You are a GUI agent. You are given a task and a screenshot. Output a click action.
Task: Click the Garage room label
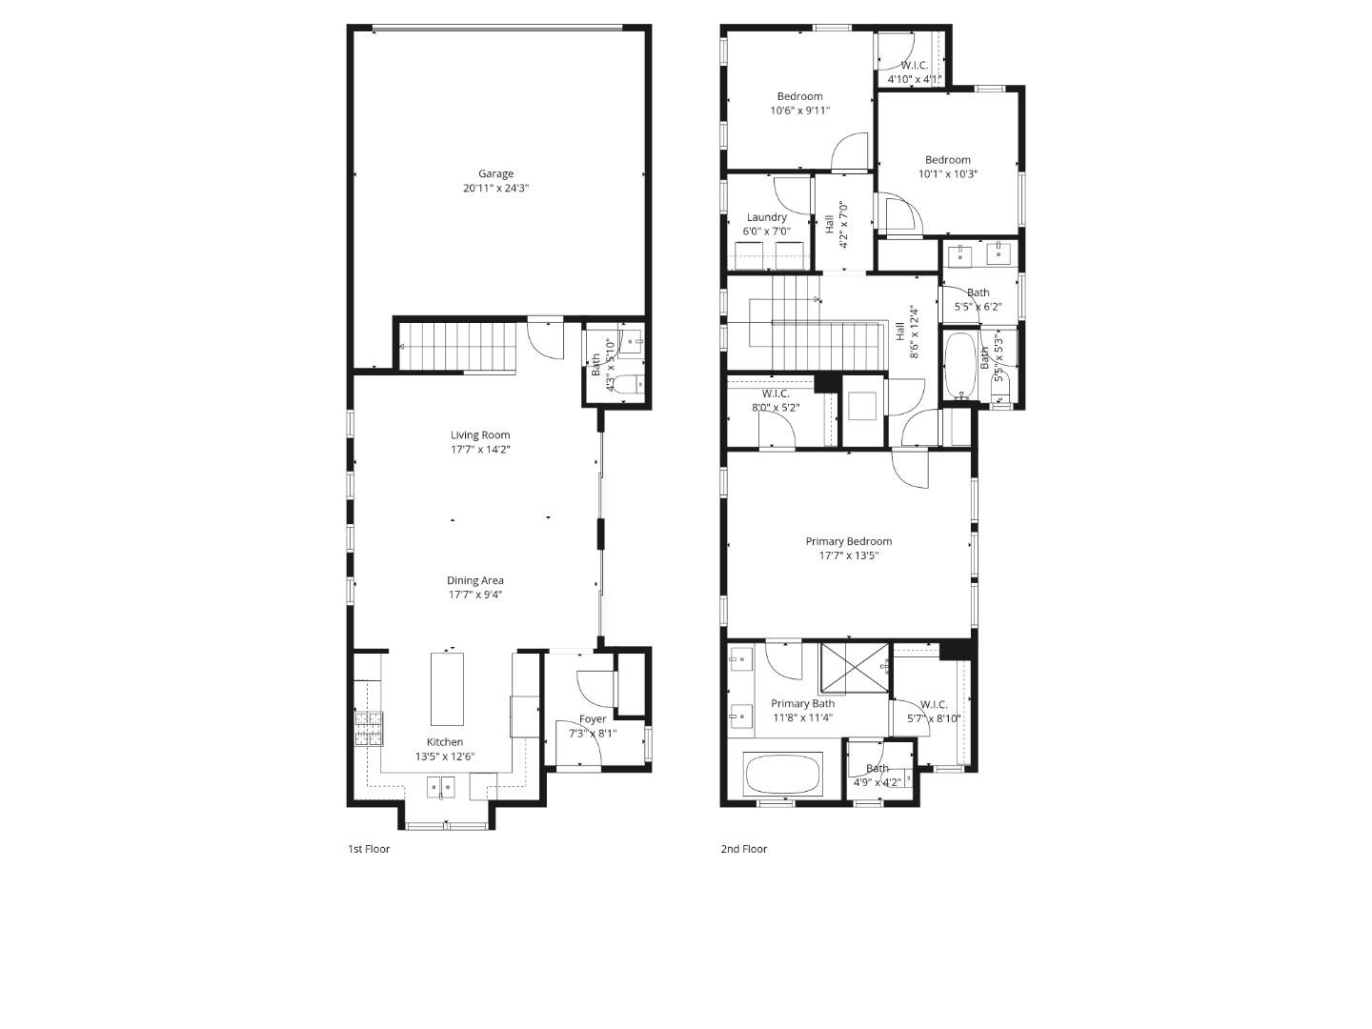(495, 174)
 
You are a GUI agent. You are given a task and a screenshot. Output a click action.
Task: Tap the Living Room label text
(480, 435)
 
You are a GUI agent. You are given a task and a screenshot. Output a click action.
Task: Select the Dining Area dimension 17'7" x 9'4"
(475, 595)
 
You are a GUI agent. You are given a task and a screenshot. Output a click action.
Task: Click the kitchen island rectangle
(448, 689)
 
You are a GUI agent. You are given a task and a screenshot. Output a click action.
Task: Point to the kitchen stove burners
(369, 729)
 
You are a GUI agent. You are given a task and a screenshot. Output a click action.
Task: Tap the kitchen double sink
(440, 787)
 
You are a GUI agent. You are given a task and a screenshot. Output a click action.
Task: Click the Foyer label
(593, 719)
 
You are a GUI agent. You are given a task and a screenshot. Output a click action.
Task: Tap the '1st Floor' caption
(369, 849)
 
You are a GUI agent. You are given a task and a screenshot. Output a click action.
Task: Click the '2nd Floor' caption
(743, 849)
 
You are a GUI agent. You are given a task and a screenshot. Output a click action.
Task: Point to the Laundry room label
(767, 217)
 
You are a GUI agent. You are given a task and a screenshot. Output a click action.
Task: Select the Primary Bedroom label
(849, 541)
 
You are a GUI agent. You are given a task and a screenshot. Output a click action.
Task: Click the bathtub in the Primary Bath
(782, 775)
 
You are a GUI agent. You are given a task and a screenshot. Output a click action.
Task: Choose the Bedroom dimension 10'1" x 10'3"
(948, 174)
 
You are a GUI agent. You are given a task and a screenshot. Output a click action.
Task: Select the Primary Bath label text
(802, 703)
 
